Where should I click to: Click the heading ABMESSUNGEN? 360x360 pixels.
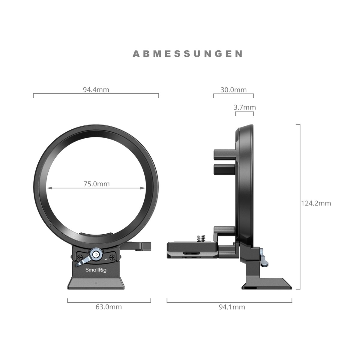[x=187, y=54]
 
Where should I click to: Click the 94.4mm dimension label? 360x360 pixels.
[x=96, y=89]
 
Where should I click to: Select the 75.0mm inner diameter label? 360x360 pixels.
[x=97, y=184]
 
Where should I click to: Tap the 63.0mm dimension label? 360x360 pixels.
[x=109, y=307]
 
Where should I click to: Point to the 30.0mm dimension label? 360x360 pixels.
[x=233, y=90]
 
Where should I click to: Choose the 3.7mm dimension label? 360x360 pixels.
[x=244, y=107]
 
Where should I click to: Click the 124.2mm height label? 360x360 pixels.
[x=316, y=203]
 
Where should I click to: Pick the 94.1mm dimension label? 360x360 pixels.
[x=232, y=307]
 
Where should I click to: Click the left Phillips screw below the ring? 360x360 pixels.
[x=80, y=257]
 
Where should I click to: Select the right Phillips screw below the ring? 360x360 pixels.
[x=112, y=257]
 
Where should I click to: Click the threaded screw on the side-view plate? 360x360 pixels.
[x=200, y=239]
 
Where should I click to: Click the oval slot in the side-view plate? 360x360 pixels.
[x=191, y=253]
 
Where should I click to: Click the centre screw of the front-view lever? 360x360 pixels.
[x=96, y=254]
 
